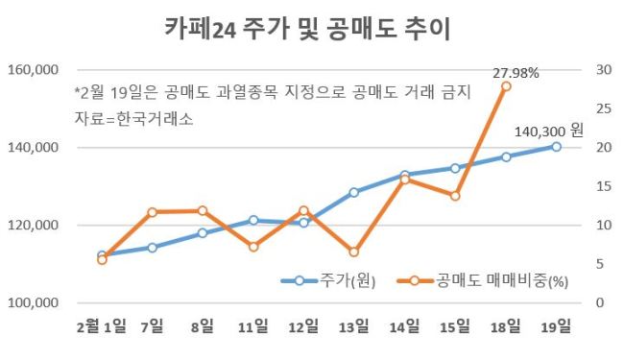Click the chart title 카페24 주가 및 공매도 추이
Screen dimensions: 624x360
307,29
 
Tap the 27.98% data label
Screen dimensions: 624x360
516,73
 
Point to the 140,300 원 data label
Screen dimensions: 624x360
549,131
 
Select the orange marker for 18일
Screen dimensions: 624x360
506,86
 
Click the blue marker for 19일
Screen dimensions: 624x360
557,147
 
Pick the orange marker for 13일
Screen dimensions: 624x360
354,252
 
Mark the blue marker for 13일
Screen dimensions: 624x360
354,193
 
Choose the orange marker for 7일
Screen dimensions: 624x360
152,212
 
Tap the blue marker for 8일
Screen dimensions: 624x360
203,233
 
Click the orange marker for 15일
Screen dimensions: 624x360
455,196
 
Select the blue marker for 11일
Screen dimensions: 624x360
253,221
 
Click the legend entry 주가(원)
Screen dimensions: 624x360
328,281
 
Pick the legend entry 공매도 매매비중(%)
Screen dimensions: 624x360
483,281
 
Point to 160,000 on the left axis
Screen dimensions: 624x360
33,70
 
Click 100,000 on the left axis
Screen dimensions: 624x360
33,303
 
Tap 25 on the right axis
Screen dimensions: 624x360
603,108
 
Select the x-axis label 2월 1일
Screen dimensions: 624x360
102,327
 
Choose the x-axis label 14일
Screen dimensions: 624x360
404,327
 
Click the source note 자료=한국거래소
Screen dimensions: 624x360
134,118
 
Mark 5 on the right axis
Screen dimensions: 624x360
600,264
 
